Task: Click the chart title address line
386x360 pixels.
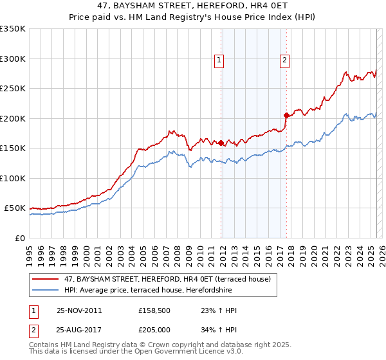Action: coord(193,6)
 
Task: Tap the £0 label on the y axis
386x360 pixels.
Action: coord(21,238)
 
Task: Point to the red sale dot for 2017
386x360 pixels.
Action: coord(286,115)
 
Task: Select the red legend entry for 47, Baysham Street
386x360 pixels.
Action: coord(171,279)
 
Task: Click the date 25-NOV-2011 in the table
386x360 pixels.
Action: coord(79,310)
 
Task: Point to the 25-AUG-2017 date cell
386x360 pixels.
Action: coord(79,330)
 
